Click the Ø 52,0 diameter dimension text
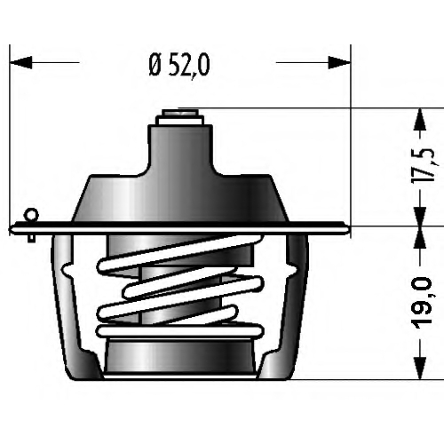pyautogui.click(x=179, y=66)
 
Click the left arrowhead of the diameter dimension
pyautogui.click(x=20, y=62)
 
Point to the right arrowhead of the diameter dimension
pyautogui.click(x=339, y=62)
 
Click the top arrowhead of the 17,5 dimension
pyautogui.click(x=420, y=119)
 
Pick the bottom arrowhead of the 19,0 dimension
pyautogui.click(x=420, y=368)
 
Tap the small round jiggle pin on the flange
pyautogui.click(x=33, y=214)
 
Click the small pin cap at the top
pyautogui.click(x=180, y=117)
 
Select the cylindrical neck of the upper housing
pyautogui.click(x=180, y=149)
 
